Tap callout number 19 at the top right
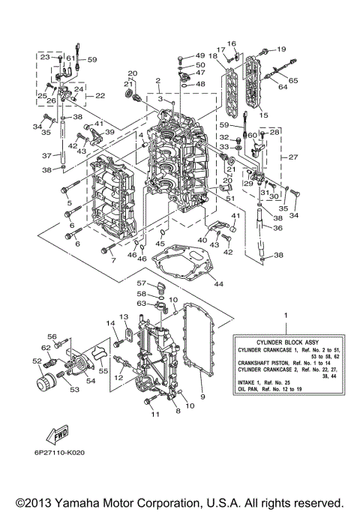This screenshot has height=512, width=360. coord(282,49)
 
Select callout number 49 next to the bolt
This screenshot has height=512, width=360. coord(199,56)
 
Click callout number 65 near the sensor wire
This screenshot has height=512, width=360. coord(292,79)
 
